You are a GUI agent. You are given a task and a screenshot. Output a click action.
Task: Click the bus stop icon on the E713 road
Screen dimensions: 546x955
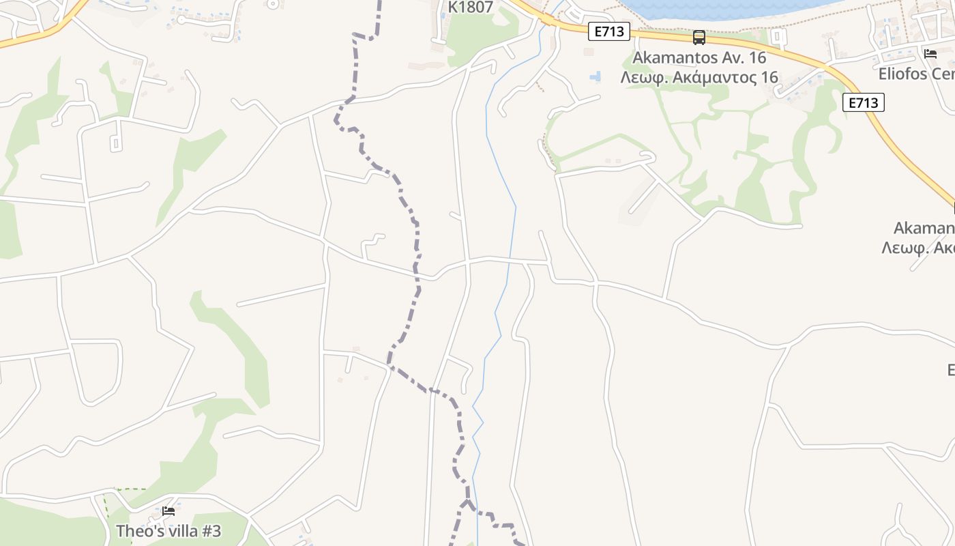pyautogui.click(x=699, y=37)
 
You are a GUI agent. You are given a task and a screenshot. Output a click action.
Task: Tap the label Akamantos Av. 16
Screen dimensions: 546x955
pyautogui.click(x=699, y=57)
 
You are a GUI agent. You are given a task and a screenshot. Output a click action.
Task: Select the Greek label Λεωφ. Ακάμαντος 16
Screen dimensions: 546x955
pyautogui.click(x=699, y=77)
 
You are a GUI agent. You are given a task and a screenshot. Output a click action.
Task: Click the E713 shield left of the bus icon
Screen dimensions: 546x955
pyautogui.click(x=608, y=31)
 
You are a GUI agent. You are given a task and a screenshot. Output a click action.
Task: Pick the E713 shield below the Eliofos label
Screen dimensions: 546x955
pyautogui.click(x=863, y=102)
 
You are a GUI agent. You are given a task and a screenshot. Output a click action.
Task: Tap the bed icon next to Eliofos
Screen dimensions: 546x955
pyautogui.click(x=930, y=53)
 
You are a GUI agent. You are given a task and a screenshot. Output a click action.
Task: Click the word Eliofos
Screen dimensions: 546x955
pyautogui.click(x=904, y=74)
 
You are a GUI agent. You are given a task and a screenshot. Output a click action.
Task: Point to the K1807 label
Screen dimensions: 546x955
pyautogui.click(x=470, y=8)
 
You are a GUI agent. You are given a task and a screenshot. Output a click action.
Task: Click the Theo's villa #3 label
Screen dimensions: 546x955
pyautogui.click(x=168, y=531)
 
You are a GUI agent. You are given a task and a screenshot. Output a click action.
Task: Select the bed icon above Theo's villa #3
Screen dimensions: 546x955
pyautogui.click(x=168, y=511)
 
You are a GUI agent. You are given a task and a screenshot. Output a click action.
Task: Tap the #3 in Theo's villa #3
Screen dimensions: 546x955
pyautogui.click(x=211, y=531)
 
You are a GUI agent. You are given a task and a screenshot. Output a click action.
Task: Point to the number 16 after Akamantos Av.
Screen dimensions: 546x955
pyautogui.click(x=756, y=57)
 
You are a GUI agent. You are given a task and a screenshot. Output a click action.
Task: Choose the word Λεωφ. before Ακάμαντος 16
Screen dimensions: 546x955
pyautogui.click(x=643, y=77)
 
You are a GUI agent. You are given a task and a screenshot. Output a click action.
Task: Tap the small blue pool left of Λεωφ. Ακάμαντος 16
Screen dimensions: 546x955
pyautogui.click(x=596, y=76)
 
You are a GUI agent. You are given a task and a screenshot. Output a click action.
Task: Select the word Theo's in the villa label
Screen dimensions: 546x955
pyautogui.click(x=136, y=531)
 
